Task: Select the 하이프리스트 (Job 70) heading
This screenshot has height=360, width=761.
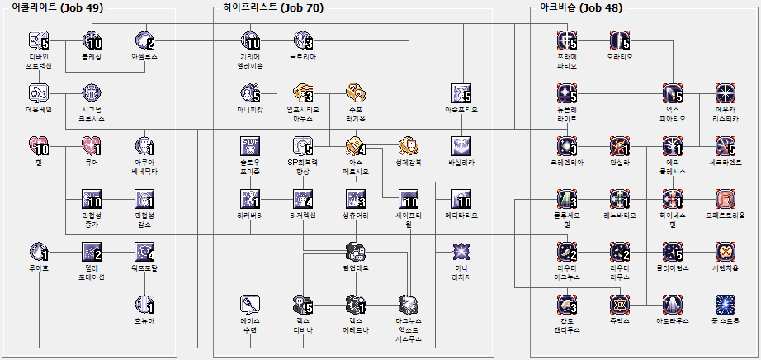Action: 273,7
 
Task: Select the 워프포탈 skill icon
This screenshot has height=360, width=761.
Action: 144,251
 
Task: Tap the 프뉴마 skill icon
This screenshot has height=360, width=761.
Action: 144,305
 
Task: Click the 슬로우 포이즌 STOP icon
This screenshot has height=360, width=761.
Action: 250,147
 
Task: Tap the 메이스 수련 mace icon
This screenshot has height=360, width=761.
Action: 250,305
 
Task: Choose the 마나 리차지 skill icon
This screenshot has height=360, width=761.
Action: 461,251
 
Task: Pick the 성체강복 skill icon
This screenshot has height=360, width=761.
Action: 409,147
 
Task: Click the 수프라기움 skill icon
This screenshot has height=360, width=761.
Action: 356,93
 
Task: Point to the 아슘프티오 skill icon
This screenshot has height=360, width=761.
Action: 461,93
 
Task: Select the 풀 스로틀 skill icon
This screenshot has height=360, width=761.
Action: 726,305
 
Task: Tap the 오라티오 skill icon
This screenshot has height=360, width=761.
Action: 620,40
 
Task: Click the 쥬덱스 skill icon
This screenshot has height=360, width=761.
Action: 620,305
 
